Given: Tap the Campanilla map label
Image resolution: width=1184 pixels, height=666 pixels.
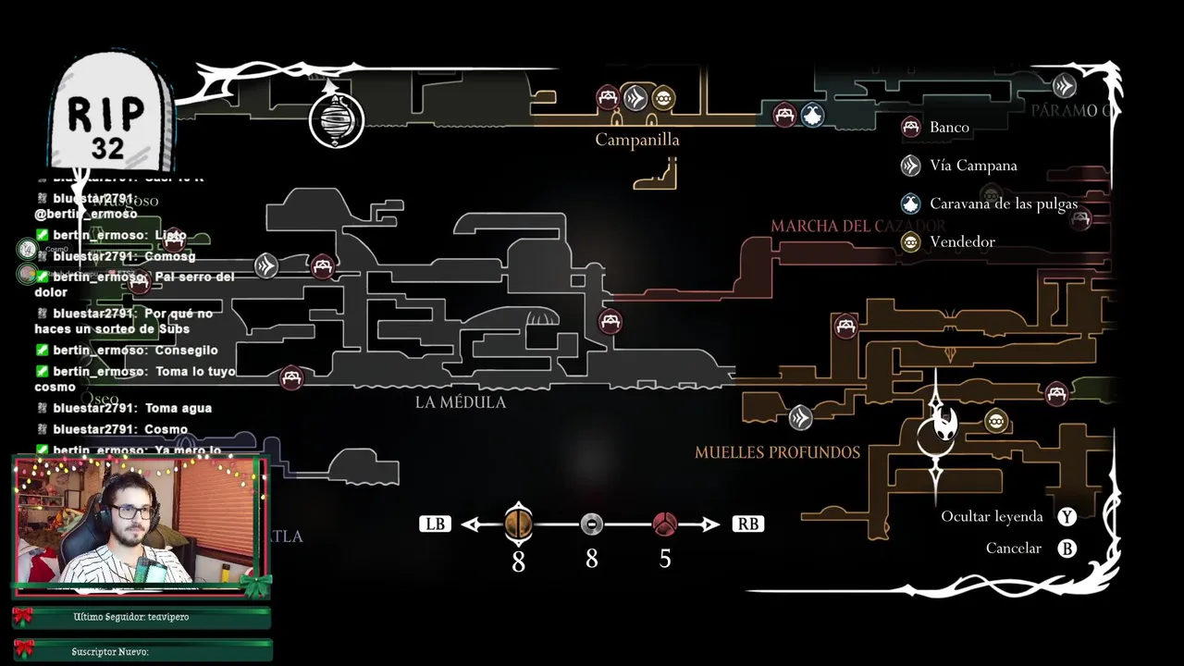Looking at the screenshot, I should click(x=637, y=140).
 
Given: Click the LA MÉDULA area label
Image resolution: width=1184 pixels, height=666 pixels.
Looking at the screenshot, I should click(x=461, y=402).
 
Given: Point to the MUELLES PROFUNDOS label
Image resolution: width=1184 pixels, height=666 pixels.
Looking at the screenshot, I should click(x=777, y=452).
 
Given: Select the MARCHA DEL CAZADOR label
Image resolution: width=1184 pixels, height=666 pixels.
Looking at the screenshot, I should click(x=857, y=226).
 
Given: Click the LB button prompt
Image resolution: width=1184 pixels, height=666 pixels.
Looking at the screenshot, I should click(x=434, y=524).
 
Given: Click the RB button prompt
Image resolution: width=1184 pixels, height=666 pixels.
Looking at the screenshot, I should click(x=747, y=524).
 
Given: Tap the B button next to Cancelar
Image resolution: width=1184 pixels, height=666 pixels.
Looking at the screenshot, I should click(x=1067, y=549).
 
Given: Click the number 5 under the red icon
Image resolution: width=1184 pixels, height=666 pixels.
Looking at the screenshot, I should click(x=665, y=560).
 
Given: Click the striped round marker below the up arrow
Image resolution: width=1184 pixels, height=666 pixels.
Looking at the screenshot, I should click(x=336, y=120).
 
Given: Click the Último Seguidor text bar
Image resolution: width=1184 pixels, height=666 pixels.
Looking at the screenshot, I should click(x=141, y=617).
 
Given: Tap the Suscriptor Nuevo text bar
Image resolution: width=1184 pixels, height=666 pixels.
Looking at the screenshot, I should click(x=141, y=651).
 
